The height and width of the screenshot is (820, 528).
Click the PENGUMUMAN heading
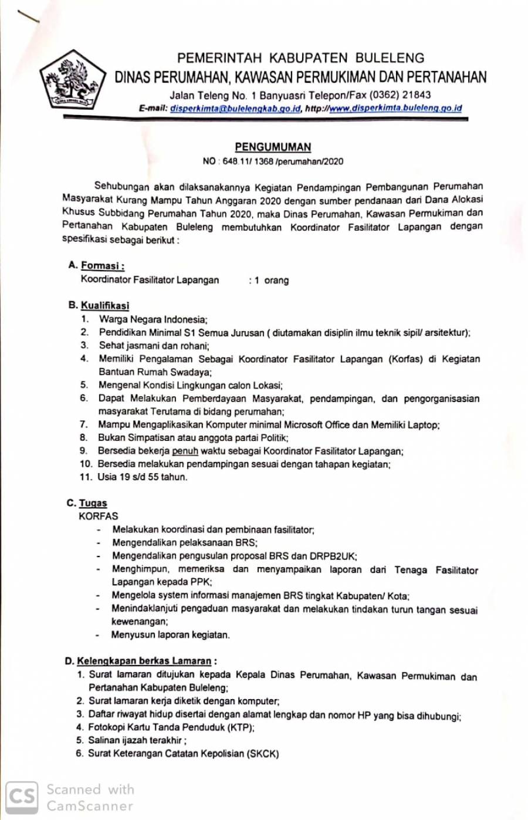tap(273, 147)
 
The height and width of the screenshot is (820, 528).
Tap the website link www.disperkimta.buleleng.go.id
tap(395, 109)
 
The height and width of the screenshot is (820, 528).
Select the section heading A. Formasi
tap(96, 266)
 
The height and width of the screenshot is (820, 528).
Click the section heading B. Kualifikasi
tap(99, 305)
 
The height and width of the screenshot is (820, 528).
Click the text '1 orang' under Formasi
tap(271, 281)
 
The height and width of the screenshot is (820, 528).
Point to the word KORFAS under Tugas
tap(98, 517)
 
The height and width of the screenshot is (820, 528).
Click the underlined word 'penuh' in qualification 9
tap(185, 451)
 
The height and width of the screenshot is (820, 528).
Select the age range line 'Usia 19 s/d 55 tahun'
tap(143, 477)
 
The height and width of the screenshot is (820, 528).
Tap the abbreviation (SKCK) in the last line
tap(263, 754)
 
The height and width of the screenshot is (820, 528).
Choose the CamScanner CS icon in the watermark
tap(22, 797)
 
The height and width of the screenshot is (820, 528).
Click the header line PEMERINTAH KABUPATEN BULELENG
tap(301, 58)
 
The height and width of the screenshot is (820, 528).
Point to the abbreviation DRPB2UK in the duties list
tap(332, 556)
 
